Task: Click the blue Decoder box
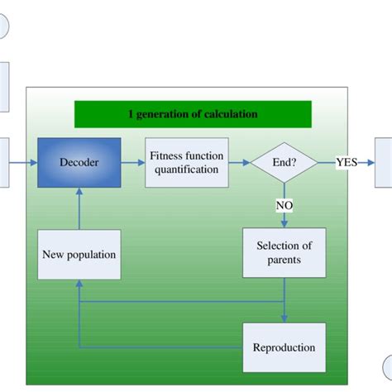tap(79, 162)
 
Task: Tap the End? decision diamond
tap(284, 162)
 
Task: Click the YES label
tap(347, 162)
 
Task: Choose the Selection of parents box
tap(283, 253)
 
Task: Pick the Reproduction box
tap(283, 347)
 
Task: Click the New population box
tap(79, 254)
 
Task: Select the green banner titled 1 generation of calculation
tap(193, 114)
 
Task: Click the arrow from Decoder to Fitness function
tap(133, 162)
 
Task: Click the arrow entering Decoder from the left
tap(23, 162)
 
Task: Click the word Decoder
tap(79, 162)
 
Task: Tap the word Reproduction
tap(284, 347)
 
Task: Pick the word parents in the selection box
tap(283, 261)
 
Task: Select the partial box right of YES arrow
tap(385, 163)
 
